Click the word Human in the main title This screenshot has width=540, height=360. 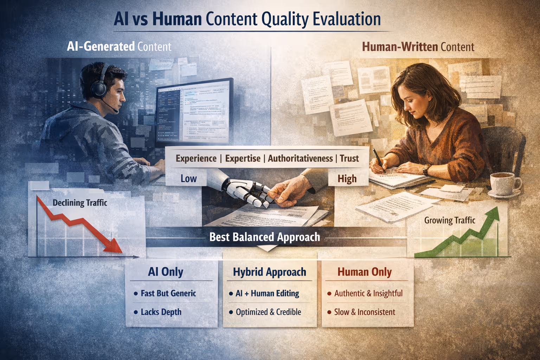(177, 19)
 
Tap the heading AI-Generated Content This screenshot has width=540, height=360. (119, 46)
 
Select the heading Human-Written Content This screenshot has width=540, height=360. (418, 47)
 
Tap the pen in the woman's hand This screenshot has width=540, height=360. (379, 160)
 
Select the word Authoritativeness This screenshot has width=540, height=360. (300, 159)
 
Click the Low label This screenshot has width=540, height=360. (188, 179)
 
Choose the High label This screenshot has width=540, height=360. (347, 179)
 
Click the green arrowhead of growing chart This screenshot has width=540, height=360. (494, 213)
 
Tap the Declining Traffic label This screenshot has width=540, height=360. (80, 203)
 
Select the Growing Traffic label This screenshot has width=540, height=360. (450, 220)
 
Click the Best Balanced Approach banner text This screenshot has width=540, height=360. (265, 237)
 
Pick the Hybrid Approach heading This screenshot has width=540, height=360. (269, 272)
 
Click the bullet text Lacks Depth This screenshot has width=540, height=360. (161, 312)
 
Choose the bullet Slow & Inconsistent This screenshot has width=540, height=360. (365, 312)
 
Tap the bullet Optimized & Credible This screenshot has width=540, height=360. (268, 312)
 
